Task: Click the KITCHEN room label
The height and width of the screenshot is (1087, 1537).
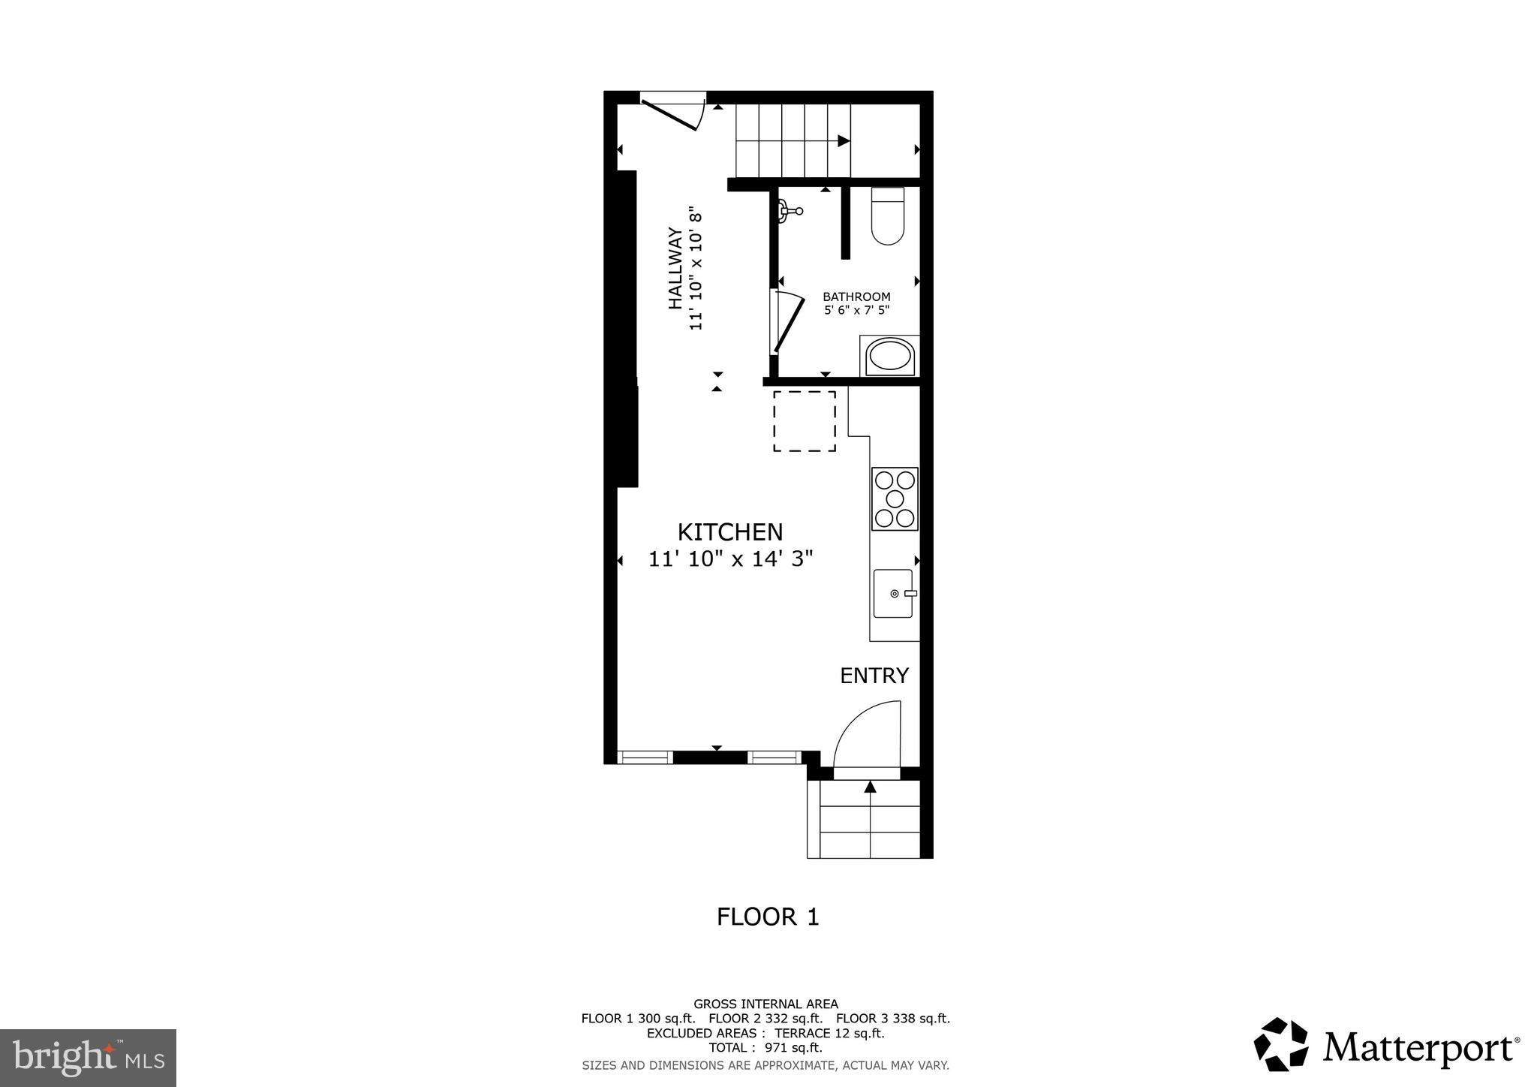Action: click(729, 531)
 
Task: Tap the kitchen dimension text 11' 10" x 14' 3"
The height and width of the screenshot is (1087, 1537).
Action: click(730, 559)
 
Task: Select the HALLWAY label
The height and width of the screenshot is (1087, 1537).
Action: click(675, 269)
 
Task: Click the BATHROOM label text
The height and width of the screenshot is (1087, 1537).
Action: click(856, 297)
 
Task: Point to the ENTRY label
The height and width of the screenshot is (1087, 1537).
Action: click(874, 676)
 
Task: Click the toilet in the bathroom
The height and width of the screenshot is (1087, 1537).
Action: click(887, 218)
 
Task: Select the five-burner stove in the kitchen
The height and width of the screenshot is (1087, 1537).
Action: click(895, 498)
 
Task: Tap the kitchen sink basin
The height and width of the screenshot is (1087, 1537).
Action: click(893, 593)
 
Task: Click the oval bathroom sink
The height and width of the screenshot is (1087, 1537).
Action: click(889, 356)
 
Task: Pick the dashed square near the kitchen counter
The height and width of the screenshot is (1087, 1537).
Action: click(805, 421)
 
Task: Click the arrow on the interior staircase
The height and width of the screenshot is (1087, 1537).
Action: click(843, 140)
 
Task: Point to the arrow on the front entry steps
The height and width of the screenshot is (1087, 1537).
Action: click(870, 787)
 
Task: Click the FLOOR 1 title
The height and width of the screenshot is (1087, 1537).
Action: click(768, 917)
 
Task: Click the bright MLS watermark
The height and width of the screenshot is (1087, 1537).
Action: click(88, 1058)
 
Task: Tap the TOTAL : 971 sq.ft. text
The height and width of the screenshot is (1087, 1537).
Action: click(765, 1048)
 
